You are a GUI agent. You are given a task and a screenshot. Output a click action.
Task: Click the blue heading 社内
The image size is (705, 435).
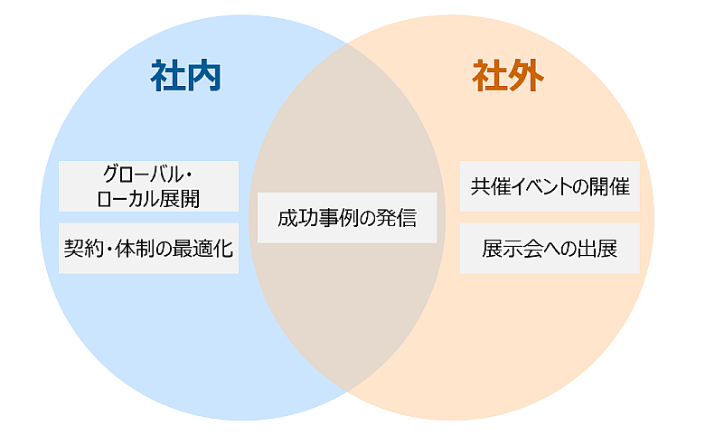[x=186, y=78]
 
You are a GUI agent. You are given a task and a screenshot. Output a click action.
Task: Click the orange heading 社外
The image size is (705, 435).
[x=507, y=78]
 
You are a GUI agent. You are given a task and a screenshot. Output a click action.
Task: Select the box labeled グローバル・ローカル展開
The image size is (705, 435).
[x=149, y=185]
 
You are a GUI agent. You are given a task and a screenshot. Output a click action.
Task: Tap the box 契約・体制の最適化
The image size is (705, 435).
[x=149, y=248]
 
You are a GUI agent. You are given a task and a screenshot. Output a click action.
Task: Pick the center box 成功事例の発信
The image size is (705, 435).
[x=347, y=218]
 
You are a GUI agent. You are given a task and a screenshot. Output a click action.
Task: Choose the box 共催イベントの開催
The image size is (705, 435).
[x=550, y=186]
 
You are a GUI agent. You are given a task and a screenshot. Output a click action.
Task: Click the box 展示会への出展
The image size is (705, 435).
[x=550, y=248]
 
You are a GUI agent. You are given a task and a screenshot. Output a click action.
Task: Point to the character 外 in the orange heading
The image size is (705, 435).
[x=525, y=78]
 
